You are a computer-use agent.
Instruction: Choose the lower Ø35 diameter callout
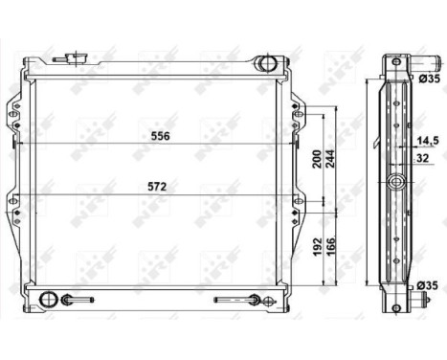(427, 285)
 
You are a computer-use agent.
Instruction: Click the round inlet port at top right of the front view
(267, 65)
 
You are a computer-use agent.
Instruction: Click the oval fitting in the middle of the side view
(396, 183)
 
